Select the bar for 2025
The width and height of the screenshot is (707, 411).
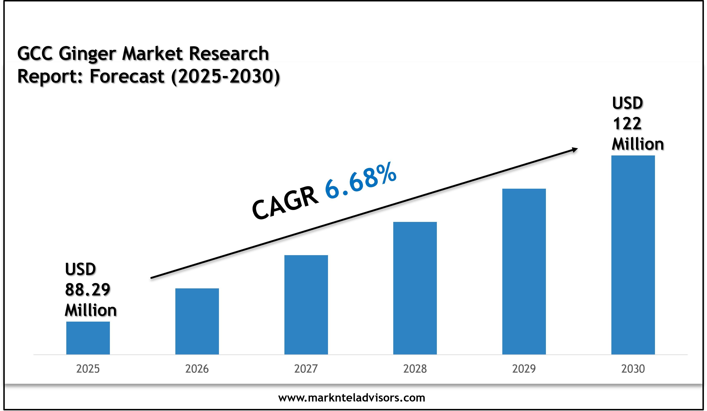[x=88, y=338]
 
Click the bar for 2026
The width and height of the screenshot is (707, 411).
[x=197, y=321]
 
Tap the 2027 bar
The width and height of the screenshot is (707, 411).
[x=306, y=305]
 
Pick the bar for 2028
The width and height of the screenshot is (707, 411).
[x=415, y=288]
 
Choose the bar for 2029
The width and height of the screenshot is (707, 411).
[x=524, y=271]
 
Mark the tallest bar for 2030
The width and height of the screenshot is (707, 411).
[x=633, y=255]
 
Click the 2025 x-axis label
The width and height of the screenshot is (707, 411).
[x=88, y=369]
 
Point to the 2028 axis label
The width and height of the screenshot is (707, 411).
[x=415, y=369]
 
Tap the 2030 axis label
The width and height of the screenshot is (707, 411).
[x=633, y=369]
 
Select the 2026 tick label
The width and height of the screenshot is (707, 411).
[x=197, y=369]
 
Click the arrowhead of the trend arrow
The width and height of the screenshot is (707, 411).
[x=575, y=150]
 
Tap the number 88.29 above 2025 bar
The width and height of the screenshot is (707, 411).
[x=88, y=290]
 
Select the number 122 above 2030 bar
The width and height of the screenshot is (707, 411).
[x=627, y=124]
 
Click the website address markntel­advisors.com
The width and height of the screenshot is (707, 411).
[x=352, y=398]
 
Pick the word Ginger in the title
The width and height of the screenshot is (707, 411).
[x=87, y=53]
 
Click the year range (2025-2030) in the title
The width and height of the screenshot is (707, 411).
[x=226, y=76]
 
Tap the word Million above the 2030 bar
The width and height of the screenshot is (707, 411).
[x=638, y=144]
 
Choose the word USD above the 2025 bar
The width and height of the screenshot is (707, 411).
[x=81, y=269]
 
